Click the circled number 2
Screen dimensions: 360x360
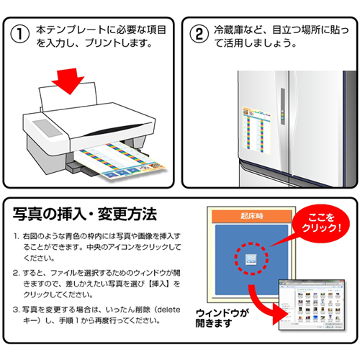199,34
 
